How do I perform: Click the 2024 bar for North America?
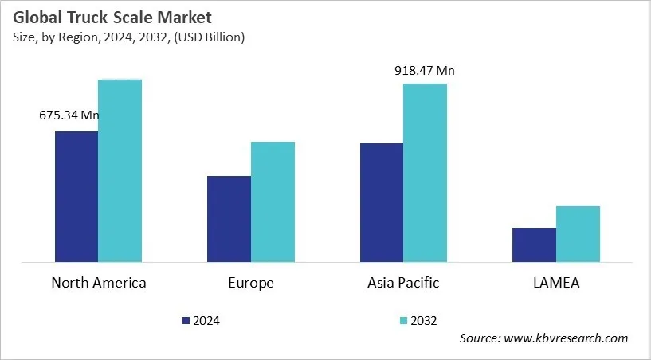click(76, 197)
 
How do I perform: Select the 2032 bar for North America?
click(120, 170)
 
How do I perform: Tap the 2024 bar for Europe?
click(229, 219)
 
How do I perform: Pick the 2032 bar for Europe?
click(273, 202)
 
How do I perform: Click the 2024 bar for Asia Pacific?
click(381, 202)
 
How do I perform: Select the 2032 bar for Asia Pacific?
click(425, 172)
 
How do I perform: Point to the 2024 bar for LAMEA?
click(534, 245)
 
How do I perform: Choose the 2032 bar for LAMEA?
click(578, 233)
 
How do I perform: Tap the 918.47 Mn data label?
click(425, 71)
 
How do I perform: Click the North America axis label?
click(99, 283)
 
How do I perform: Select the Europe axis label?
click(251, 283)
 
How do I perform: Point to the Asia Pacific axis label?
click(403, 283)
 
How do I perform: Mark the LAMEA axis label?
click(555, 283)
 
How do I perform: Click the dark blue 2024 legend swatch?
click(186, 320)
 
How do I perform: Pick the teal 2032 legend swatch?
click(403, 320)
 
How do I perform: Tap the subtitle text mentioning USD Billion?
click(127, 37)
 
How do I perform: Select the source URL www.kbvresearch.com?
click(567, 338)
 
